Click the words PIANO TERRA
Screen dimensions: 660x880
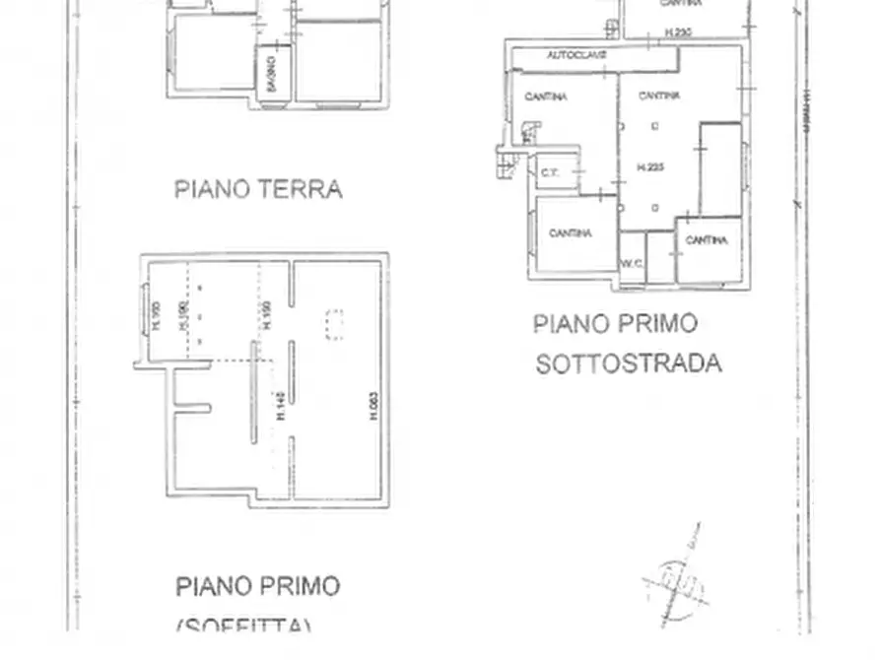coord(258,189)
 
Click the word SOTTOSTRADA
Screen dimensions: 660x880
coord(628,363)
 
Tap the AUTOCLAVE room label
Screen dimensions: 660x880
coord(576,56)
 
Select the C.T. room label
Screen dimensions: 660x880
coord(549,173)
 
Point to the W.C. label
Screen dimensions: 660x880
coord(631,263)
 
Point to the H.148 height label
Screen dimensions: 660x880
coord(281,406)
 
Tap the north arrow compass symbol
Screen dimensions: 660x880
coord(676,575)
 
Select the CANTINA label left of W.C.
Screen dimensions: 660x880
coord(571,233)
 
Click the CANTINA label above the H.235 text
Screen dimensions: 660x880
coord(658,96)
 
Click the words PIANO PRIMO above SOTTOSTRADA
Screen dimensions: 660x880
coord(615,323)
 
